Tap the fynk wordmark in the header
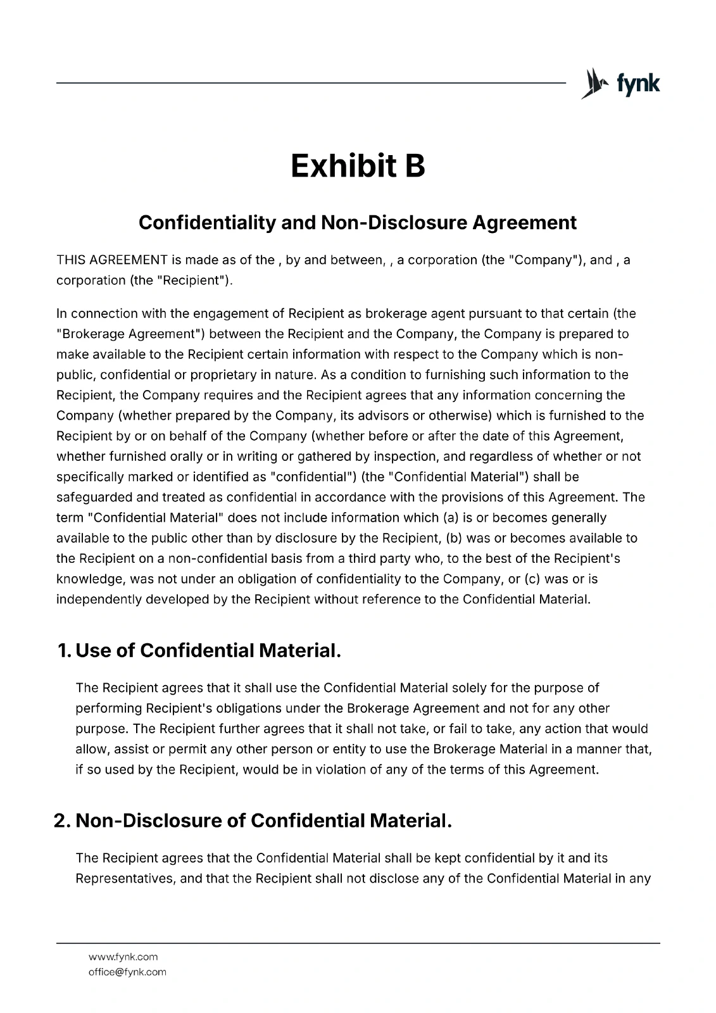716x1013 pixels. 637,84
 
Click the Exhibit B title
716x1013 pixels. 358,166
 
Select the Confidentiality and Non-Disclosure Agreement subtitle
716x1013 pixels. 358,223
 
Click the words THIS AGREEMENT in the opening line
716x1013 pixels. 112,260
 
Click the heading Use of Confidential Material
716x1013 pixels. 208,650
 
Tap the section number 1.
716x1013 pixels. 63,650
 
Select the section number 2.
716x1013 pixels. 62,821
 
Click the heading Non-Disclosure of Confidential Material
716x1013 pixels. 263,821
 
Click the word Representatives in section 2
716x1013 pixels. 125,879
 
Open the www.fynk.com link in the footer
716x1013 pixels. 123,957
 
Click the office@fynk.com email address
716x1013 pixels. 127,972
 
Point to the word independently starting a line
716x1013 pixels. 99,600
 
